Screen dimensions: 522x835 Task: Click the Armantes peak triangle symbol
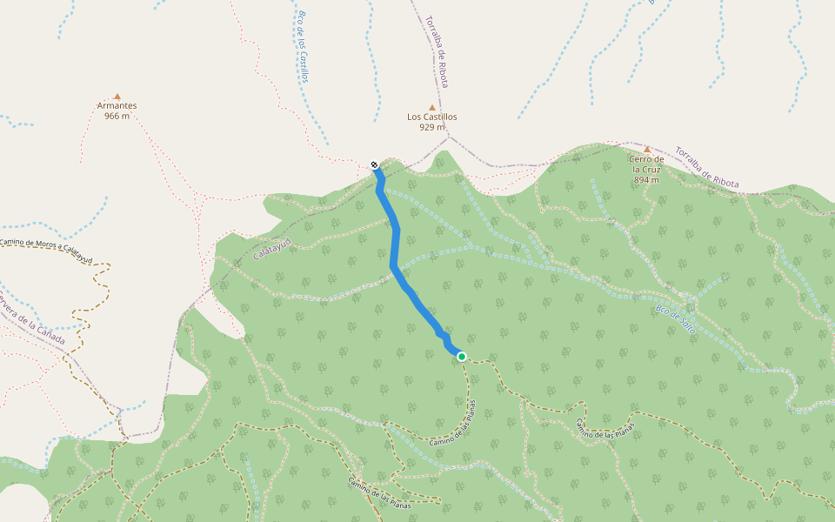(117, 97)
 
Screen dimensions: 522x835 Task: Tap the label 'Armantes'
(117, 106)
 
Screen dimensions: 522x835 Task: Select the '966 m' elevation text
(117, 116)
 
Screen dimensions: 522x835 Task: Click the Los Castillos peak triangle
(431, 107)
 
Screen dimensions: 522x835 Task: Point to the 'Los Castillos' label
(431, 117)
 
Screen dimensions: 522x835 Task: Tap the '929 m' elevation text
(431, 127)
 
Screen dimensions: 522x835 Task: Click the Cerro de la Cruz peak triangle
(646, 149)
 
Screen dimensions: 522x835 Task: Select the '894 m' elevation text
(646, 180)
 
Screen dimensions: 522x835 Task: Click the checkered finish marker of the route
(374, 164)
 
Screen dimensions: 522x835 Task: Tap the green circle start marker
(461, 356)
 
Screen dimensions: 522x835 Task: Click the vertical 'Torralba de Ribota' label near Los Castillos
(437, 50)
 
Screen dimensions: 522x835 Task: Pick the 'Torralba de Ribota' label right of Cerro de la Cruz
(707, 167)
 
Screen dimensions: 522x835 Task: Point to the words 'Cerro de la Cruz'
(648, 164)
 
